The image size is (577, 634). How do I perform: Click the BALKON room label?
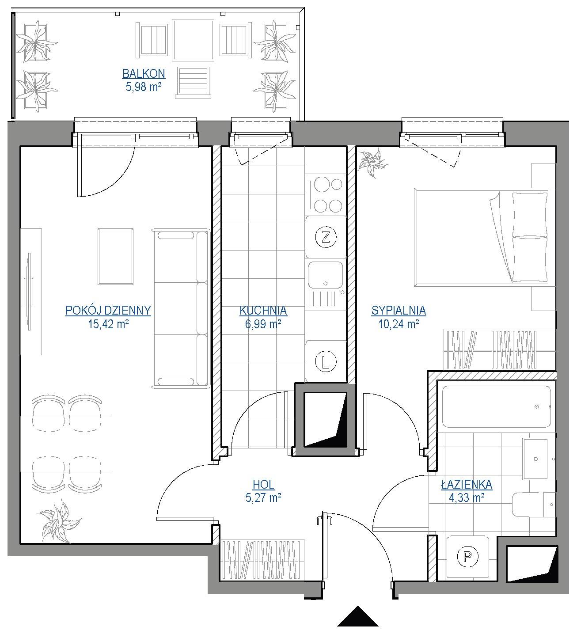144,74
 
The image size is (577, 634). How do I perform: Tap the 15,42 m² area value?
108,324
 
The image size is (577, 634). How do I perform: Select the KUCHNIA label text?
263,310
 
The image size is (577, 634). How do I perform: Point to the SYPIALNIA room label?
399,310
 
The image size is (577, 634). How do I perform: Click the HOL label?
263,485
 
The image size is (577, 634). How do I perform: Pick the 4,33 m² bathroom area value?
467,498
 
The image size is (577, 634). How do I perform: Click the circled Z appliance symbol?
326,237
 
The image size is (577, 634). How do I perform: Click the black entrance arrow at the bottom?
357,616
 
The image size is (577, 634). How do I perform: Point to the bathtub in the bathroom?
497,406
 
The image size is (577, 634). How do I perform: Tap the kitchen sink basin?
325,275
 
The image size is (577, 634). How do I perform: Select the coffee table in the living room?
115,257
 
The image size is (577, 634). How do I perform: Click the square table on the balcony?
193,40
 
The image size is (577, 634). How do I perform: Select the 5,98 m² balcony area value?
144,87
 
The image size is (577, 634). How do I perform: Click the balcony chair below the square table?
193,82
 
